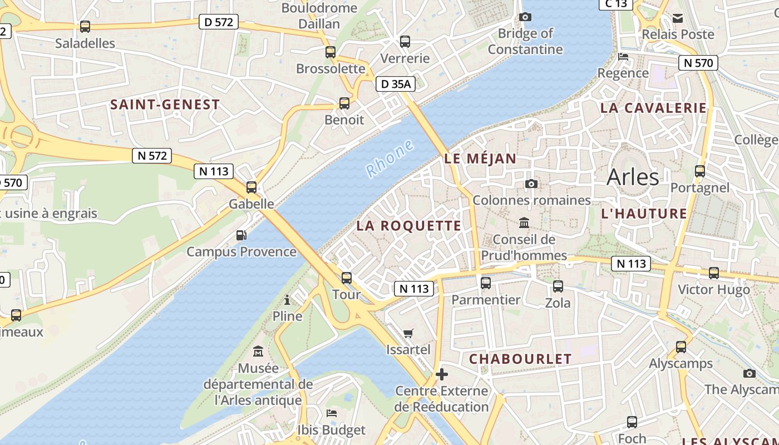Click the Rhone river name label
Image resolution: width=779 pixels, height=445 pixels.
[x=390, y=159]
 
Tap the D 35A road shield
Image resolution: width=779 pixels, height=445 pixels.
[x=396, y=84]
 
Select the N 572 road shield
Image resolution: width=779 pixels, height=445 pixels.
[x=152, y=156]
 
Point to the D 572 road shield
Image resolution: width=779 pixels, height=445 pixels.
[x=219, y=22]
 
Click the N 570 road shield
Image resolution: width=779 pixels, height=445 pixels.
[x=698, y=63]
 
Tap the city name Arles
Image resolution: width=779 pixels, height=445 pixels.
[x=633, y=177]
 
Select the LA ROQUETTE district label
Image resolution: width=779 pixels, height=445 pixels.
[x=409, y=225]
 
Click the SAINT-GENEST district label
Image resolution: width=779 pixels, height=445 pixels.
[x=165, y=104]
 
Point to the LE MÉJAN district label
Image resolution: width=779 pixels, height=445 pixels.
[x=481, y=159]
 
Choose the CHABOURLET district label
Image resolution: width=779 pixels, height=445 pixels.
[x=520, y=359]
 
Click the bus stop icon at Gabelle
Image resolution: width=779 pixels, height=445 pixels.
[x=252, y=187]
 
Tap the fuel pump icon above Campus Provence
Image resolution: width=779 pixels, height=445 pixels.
[x=241, y=235]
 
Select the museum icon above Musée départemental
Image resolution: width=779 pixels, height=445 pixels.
[x=258, y=352]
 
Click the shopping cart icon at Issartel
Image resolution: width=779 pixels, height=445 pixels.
[x=408, y=333]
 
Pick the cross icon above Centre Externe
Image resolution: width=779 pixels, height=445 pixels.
[x=442, y=374]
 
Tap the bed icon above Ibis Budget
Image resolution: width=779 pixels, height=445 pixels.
[x=332, y=413]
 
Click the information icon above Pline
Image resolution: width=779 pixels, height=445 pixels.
[x=287, y=300]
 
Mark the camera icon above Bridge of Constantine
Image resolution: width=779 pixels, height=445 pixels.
[x=525, y=17]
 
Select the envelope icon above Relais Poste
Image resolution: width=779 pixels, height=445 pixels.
[x=678, y=18]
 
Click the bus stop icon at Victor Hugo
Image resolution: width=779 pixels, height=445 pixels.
[x=714, y=273]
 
